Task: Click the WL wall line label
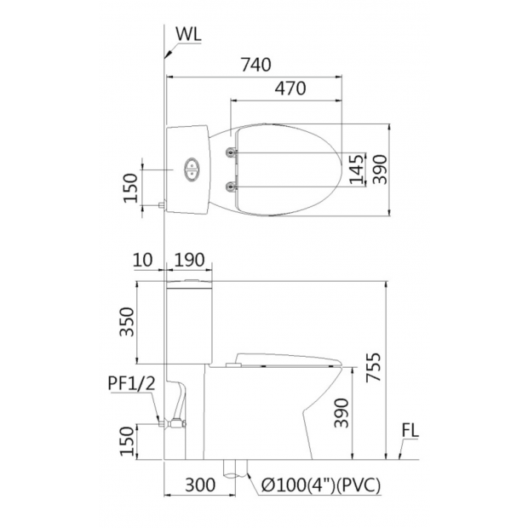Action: pos(188,34)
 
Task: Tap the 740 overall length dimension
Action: pos(256,65)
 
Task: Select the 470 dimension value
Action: pos(290,89)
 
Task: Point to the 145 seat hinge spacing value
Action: pos(357,169)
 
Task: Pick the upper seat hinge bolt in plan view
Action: pos(231,152)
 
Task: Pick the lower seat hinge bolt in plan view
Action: pos(231,186)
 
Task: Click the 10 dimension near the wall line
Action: pos(143,260)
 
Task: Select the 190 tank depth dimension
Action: pos(190,260)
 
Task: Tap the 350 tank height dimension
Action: pos(127,322)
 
